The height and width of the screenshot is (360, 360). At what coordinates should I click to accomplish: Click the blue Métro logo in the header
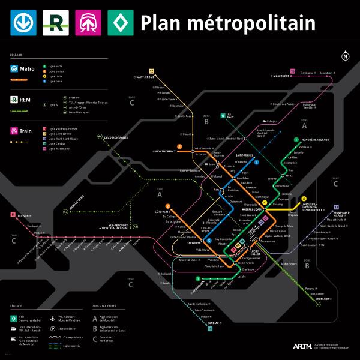23,23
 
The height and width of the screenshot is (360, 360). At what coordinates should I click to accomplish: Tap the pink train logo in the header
88,23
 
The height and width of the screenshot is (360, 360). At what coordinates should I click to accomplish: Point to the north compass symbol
345,57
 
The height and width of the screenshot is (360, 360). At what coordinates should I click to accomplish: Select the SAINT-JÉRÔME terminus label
145,77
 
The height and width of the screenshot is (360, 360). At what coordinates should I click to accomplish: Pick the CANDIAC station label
213,323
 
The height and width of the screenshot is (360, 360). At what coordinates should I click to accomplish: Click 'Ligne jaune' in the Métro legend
55,76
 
